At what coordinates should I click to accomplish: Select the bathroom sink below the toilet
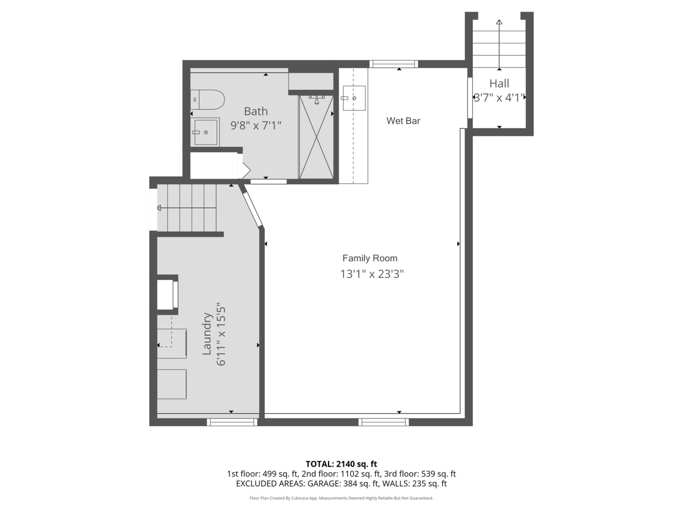click(205, 132)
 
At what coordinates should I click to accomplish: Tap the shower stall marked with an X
click(316, 137)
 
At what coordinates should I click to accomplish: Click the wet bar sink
click(353, 98)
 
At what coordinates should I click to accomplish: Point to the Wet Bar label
click(403, 121)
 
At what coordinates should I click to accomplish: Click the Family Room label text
click(370, 258)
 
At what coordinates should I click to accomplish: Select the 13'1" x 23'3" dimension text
click(372, 274)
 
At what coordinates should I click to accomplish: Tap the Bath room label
click(256, 111)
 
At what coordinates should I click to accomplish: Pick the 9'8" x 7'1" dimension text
click(256, 126)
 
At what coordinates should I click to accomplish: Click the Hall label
click(499, 83)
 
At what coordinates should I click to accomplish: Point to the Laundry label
click(207, 333)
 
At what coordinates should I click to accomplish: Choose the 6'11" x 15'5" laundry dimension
click(221, 334)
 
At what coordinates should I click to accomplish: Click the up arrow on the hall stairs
click(499, 22)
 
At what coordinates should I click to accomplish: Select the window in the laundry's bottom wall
click(232, 422)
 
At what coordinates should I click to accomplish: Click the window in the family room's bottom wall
click(383, 422)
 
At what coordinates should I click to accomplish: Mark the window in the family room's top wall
click(394, 64)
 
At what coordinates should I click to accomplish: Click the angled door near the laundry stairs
click(252, 209)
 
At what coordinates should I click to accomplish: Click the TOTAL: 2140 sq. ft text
click(341, 464)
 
